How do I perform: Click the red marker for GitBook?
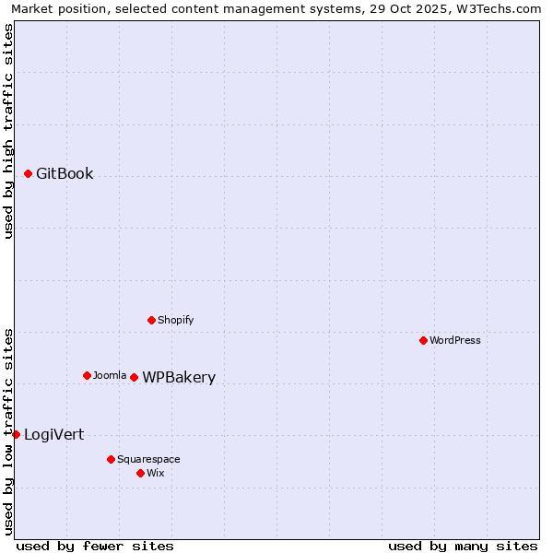(x=28, y=173)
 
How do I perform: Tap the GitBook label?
(x=65, y=173)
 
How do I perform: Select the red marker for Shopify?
(x=151, y=320)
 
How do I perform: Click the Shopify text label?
(x=175, y=320)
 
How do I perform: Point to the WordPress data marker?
(x=423, y=340)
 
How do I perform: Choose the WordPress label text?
(x=455, y=340)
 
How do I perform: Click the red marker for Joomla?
(x=87, y=375)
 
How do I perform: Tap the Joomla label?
(x=110, y=375)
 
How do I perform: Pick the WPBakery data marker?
(x=134, y=377)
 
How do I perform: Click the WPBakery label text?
(x=179, y=377)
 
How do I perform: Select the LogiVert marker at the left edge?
(x=16, y=434)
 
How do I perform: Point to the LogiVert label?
(x=53, y=434)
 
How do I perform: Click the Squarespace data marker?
(x=111, y=459)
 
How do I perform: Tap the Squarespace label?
(x=148, y=459)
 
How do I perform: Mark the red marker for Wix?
(x=140, y=473)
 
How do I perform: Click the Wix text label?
(x=156, y=473)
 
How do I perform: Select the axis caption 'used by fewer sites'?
(x=95, y=546)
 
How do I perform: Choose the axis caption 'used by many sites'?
(x=463, y=546)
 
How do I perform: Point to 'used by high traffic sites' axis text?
(x=9, y=131)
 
